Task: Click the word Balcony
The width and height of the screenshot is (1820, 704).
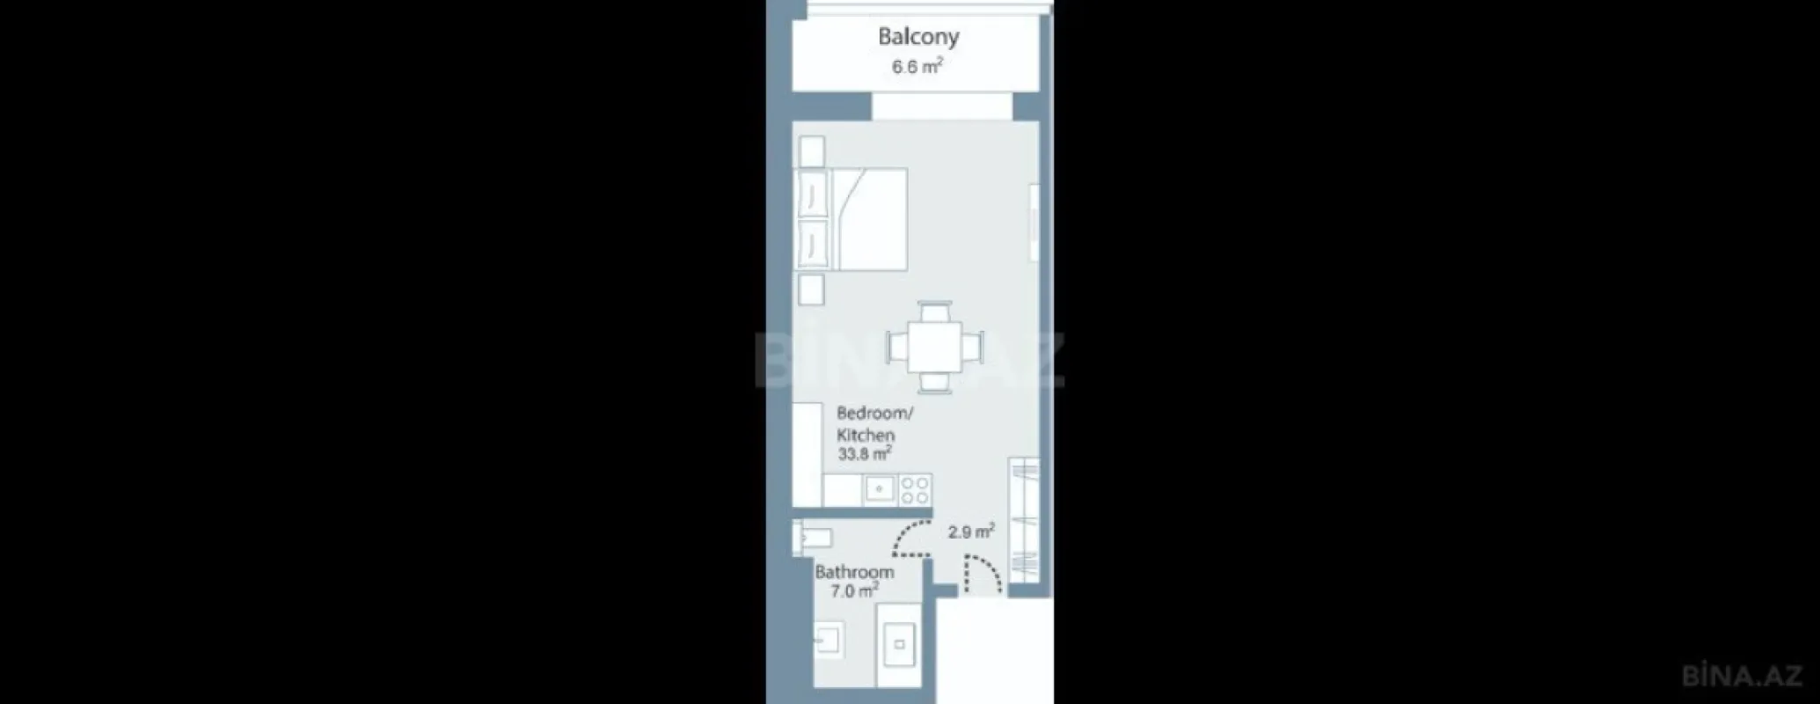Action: coord(918,36)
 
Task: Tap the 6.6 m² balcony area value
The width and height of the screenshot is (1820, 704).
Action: coord(917,66)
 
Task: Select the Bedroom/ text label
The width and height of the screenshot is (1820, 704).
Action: coord(874,413)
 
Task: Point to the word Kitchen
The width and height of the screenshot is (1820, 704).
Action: coord(865,435)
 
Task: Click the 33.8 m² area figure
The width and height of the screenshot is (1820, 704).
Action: coord(865,454)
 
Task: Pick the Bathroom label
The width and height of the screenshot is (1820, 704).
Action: coord(853,571)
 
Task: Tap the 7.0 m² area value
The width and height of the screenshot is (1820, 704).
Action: coord(854,591)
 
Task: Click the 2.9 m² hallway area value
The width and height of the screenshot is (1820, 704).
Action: coord(971,532)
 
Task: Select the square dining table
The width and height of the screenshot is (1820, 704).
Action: coord(935,347)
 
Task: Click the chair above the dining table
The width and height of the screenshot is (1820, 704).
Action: coord(935,312)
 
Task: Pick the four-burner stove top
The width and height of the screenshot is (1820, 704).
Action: coord(915,489)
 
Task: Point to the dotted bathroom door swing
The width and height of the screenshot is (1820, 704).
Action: coord(910,539)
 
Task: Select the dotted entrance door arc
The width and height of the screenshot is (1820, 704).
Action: coord(983,576)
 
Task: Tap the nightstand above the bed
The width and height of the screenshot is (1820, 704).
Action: coord(810,150)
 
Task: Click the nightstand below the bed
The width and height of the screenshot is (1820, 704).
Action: coord(810,290)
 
